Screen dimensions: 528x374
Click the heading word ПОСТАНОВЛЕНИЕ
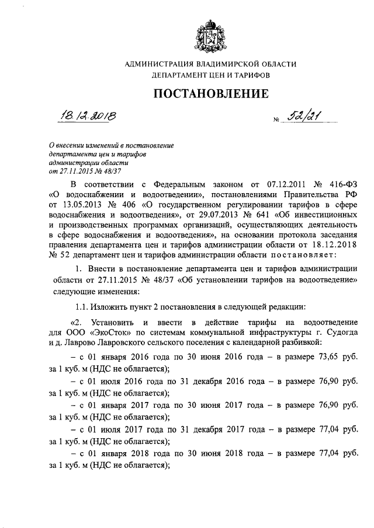[x=211, y=94]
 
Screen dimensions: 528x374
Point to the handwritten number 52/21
[x=307, y=117]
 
